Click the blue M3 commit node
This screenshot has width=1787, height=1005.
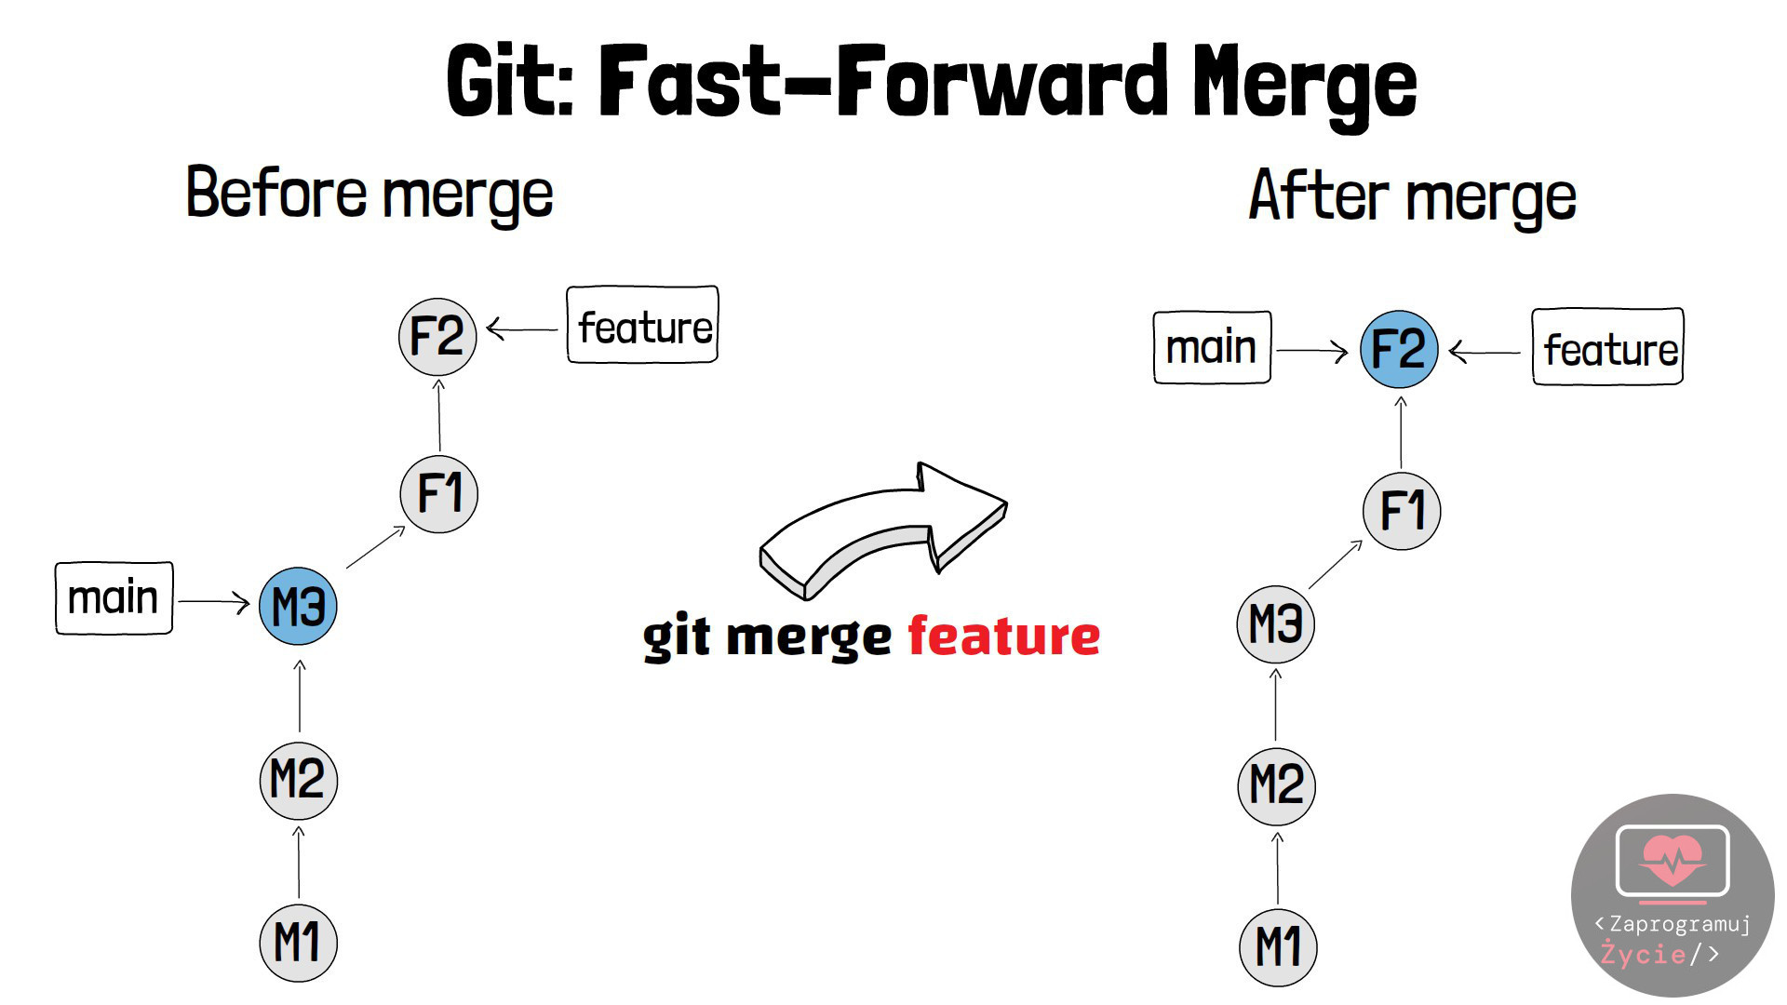pyautogui.click(x=298, y=607)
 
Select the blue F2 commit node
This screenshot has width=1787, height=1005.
pyautogui.click(x=1399, y=350)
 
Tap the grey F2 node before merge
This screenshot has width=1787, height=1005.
pyautogui.click(x=437, y=336)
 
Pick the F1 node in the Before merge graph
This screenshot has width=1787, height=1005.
pyautogui.click(x=439, y=493)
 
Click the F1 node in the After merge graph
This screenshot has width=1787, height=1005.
pyautogui.click(x=1402, y=511)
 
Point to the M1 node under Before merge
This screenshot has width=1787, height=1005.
pyautogui.click(x=298, y=943)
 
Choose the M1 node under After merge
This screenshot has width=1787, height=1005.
pyautogui.click(x=1279, y=947)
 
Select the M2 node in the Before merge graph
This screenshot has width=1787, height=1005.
pyautogui.click(x=298, y=780)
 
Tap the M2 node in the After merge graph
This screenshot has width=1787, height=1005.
pyautogui.click(x=1277, y=786)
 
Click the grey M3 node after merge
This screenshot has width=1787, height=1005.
pyautogui.click(x=1276, y=623)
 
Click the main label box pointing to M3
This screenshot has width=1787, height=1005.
pyautogui.click(x=114, y=598)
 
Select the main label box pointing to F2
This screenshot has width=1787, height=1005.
pyautogui.click(x=1213, y=347)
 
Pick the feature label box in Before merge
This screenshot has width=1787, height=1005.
pyautogui.click(x=643, y=325)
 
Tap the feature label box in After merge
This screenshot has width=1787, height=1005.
pyautogui.click(x=1608, y=347)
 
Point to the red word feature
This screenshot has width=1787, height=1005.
pyautogui.click(x=1004, y=636)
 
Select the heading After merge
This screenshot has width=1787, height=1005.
pyautogui.click(x=1413, y=197)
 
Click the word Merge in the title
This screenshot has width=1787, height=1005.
pyautogui.click(x=1305, y=84)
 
